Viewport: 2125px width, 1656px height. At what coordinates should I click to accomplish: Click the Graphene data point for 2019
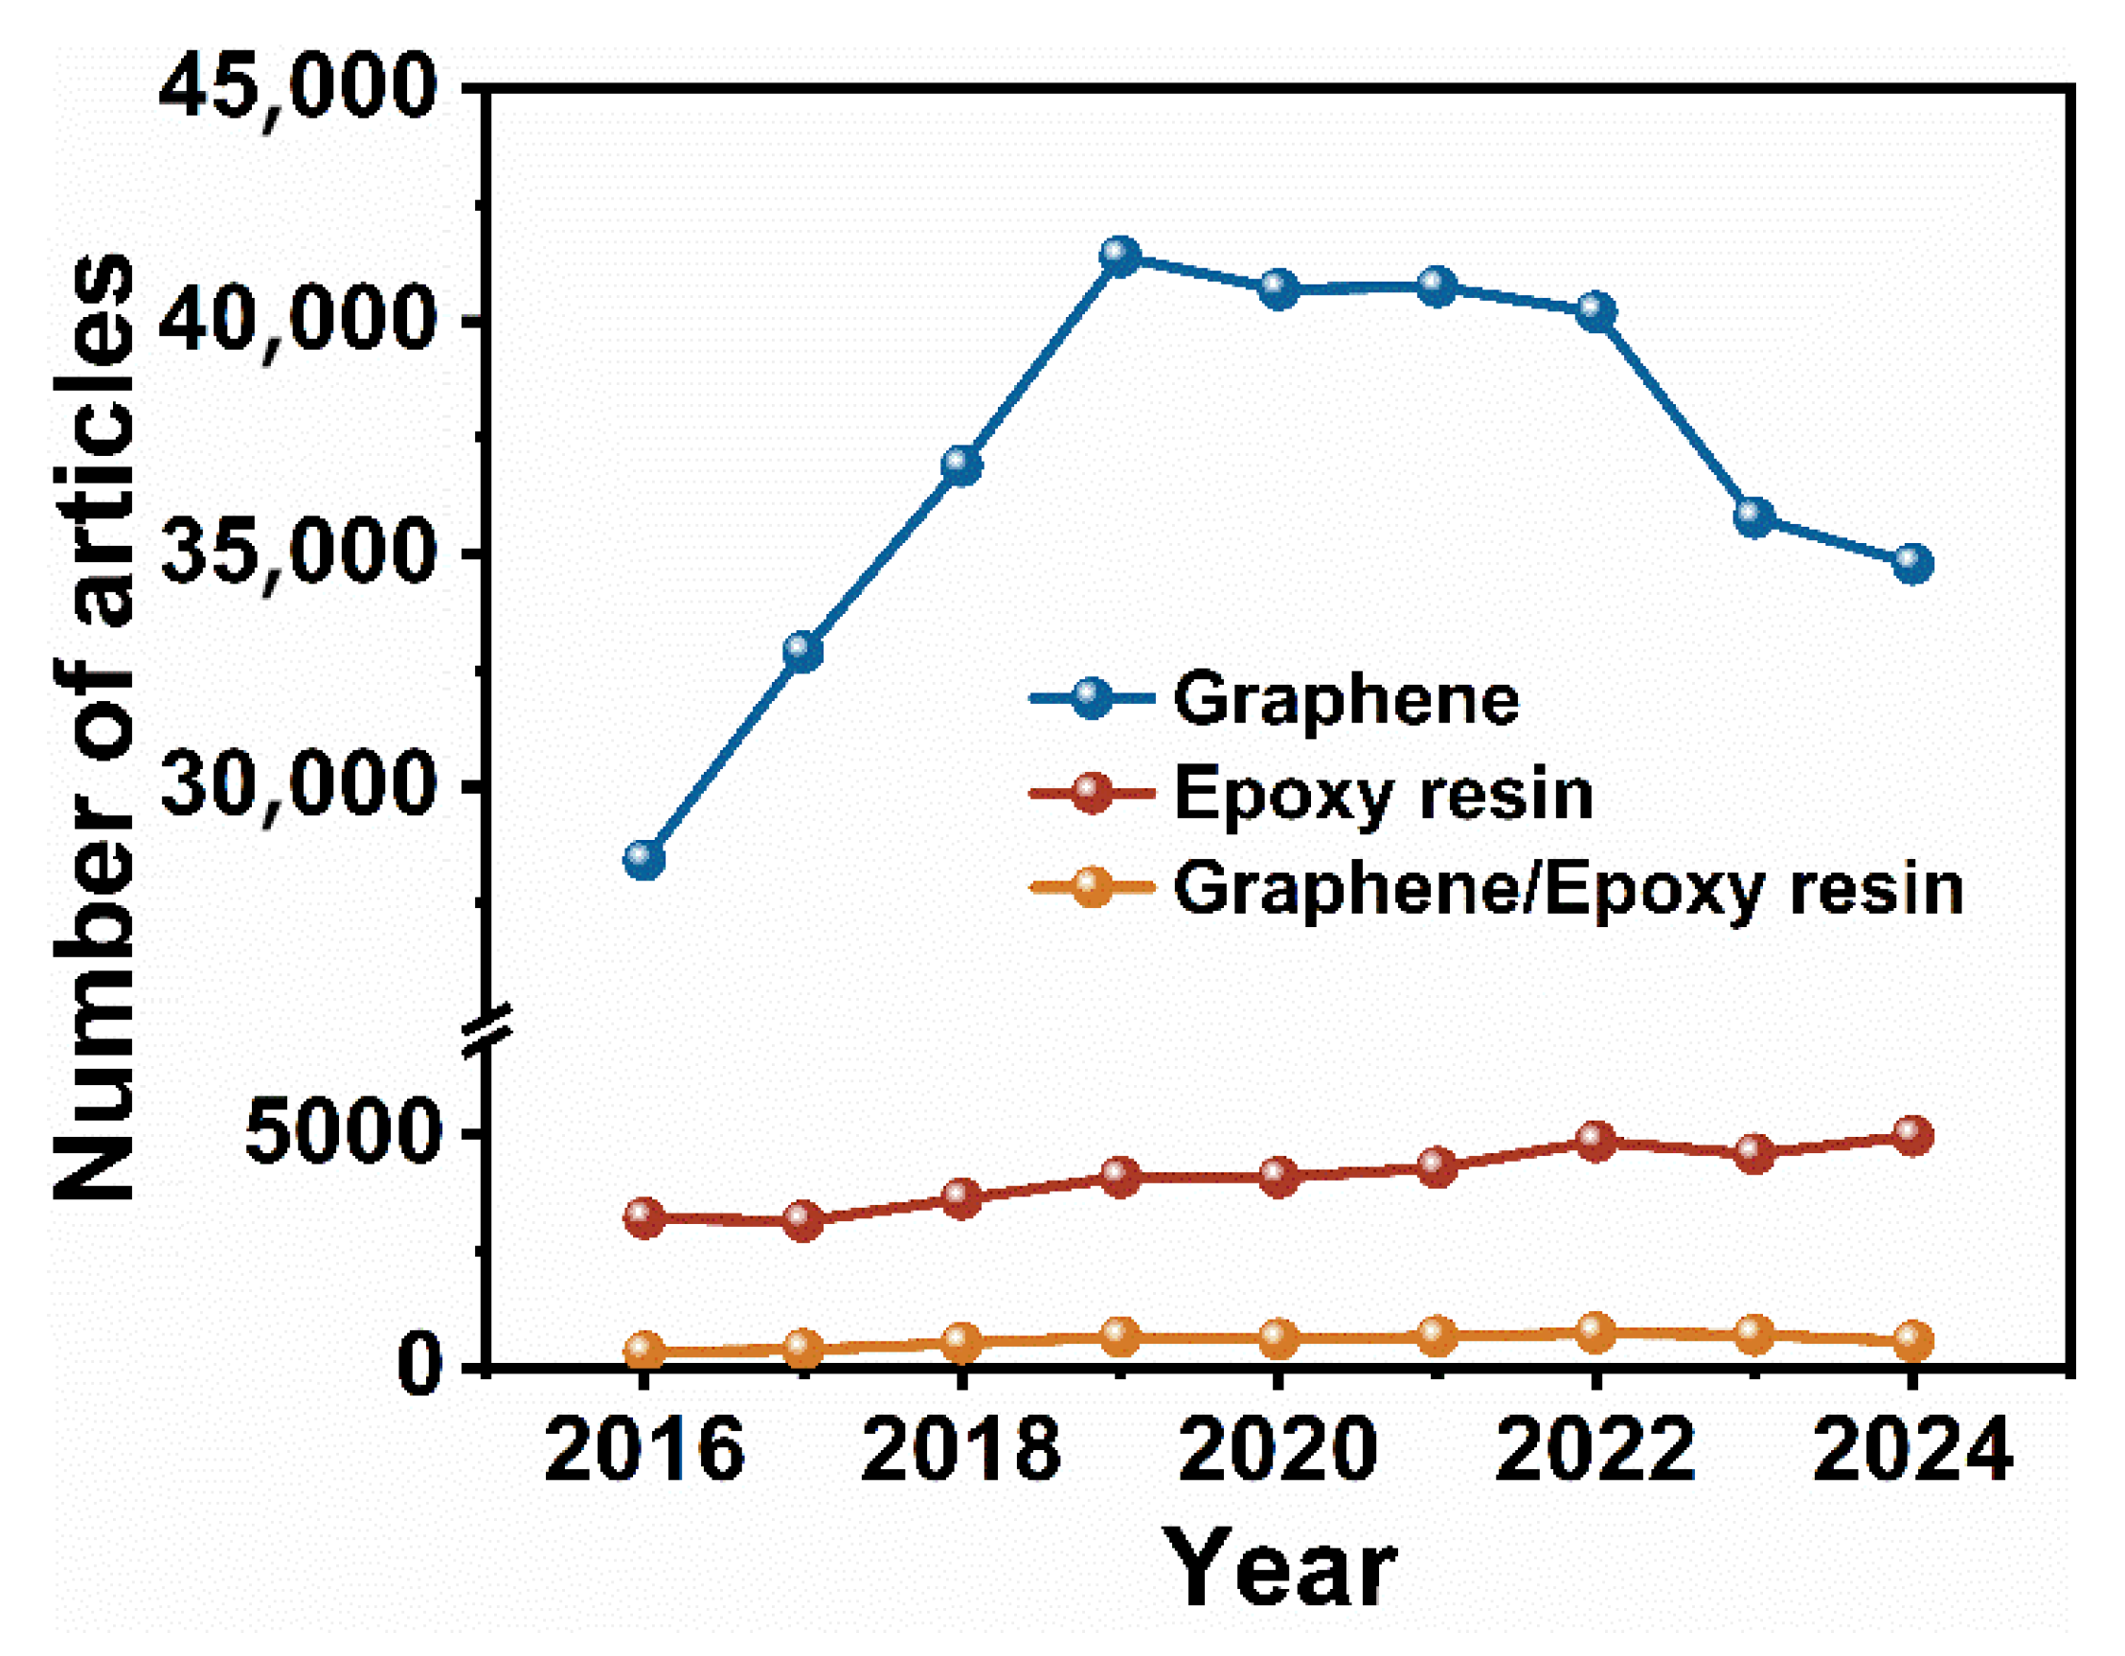tap(1119, 256)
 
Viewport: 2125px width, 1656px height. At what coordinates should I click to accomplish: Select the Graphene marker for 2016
tap(644, 859)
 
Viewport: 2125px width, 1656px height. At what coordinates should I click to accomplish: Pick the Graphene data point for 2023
tap(1754, 516)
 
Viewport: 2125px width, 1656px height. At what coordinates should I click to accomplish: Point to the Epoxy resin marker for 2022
tap(1595, 1141)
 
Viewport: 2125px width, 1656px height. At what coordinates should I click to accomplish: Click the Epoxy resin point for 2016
tap(644, 1217)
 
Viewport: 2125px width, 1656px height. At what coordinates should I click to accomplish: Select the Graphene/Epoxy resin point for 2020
tap(1278, 1338)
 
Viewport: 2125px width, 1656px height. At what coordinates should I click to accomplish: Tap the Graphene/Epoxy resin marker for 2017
tap(803, 1348)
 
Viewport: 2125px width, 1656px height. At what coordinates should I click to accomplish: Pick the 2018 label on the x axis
tap(961, 1449)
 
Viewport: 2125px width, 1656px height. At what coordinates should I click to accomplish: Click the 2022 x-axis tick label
tap(1595, 1449)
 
